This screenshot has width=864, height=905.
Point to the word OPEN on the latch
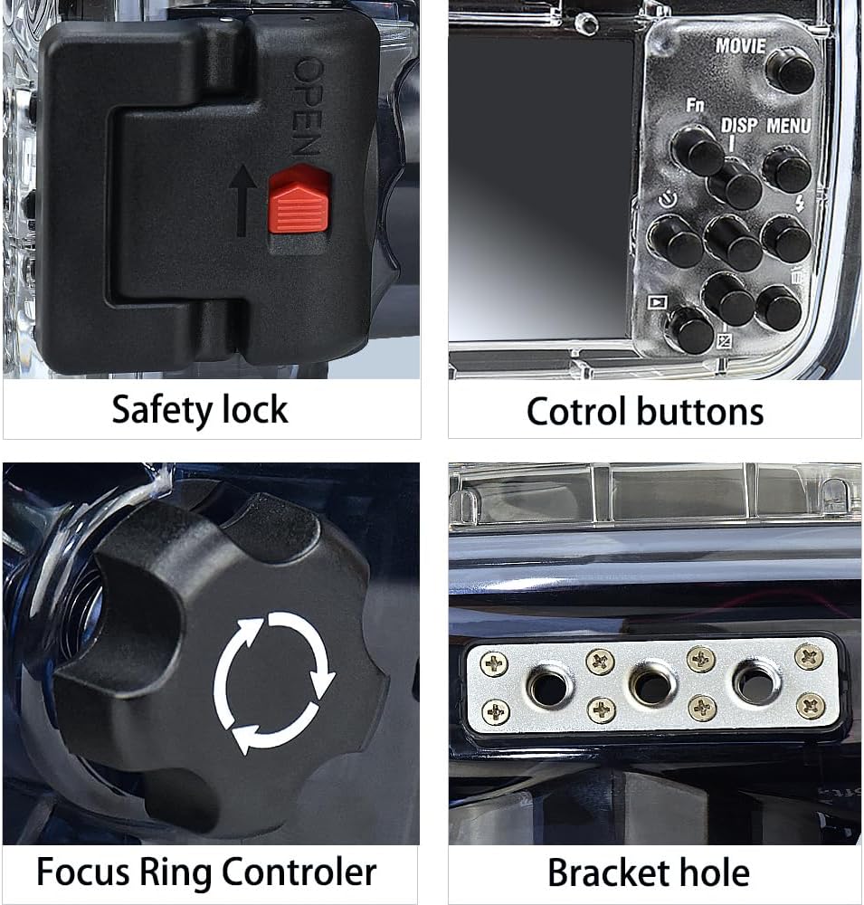(308, 107)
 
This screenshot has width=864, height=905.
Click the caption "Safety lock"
(200, 409)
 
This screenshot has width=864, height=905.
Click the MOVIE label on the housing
(740, 45)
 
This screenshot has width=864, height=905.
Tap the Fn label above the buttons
(695, 106)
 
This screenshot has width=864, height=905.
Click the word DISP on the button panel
(739, 126)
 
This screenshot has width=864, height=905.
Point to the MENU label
(788, 126)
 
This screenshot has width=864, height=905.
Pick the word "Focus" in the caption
(83, 872)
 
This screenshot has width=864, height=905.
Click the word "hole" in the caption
(715, 873)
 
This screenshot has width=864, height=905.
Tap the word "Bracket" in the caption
(608, 873)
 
